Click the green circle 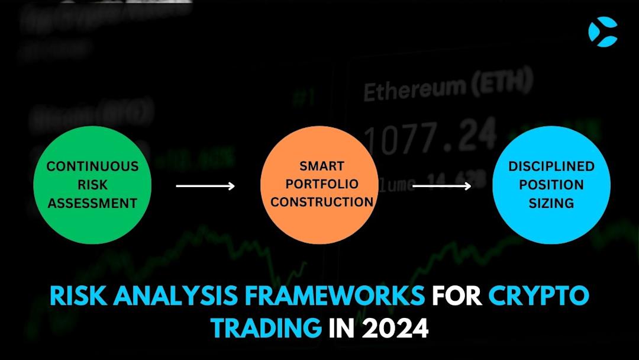[92, 184]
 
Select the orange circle [319, 185]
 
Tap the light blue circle [551, 185]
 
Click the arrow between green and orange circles [205, 186]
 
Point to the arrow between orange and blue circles [441, 186]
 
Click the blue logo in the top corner [603, 31]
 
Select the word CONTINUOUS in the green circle [92, 166]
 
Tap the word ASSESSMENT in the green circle [92, 203]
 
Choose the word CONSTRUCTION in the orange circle [322, 202]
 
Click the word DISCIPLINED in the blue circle [551, 166]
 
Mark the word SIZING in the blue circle [551, 203]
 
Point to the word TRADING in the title [266, 327]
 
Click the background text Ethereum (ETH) [447, 89]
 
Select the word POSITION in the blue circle [551, 185]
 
